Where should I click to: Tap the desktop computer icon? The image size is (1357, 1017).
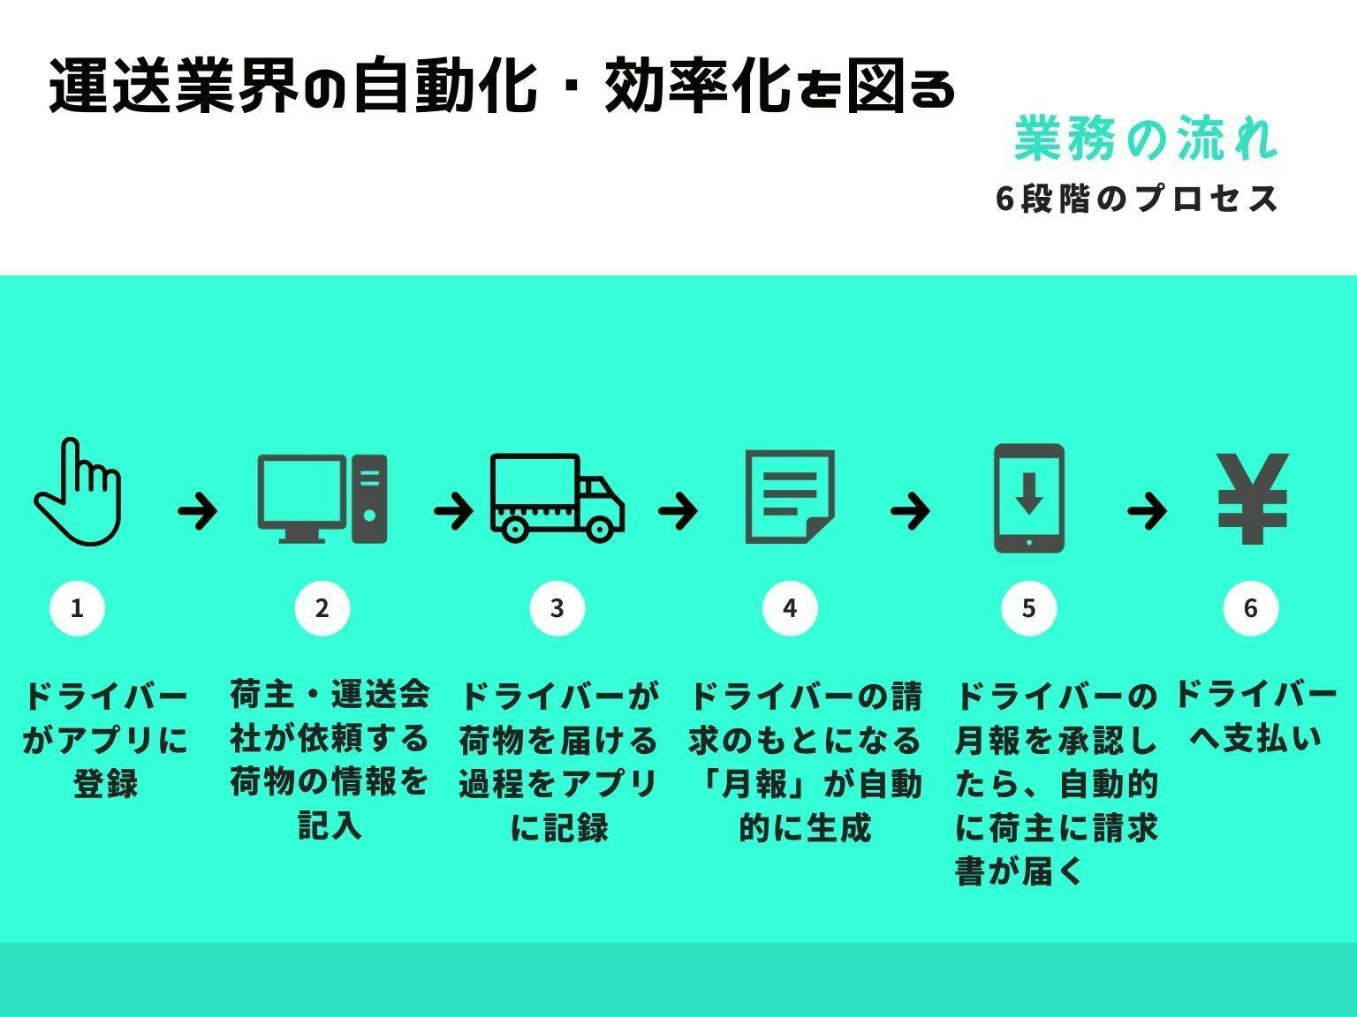(322, 499)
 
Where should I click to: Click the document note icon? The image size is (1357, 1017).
(790, 497)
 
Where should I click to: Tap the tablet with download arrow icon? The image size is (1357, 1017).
(1029, 499)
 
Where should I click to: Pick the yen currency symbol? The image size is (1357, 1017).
(1252, 499)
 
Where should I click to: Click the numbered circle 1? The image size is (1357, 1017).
(77, 608)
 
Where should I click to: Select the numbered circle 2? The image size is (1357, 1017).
(322, 608)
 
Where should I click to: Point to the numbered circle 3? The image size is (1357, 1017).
(557, 608)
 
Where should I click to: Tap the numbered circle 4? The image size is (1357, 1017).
(790, 608)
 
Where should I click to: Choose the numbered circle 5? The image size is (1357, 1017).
(1028, 608)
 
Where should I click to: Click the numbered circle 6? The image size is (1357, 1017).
(1250, 608)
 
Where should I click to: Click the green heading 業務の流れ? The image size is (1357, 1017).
(1146, 139)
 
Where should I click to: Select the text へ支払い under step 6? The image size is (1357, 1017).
(1255, 740)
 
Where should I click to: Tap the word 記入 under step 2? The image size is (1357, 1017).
(330, 826)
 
